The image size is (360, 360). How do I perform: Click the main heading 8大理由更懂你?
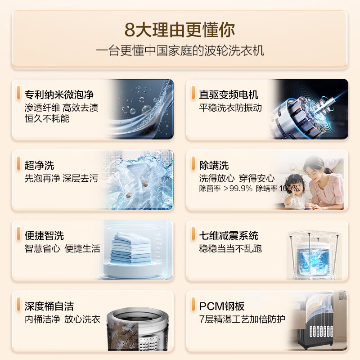pyautogui.click(x=180, y=31)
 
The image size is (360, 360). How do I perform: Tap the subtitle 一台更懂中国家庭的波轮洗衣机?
pyautogui.click(x=180, y=50)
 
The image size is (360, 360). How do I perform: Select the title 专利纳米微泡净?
pyautogui.click(x=59, y=94)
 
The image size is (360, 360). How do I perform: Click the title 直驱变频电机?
pyautogui.click(x=229, y=94)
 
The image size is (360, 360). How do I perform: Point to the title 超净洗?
pyautogui.click(x=39, y=165)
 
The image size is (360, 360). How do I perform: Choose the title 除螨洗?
pyautogui.click(x=214, y=165)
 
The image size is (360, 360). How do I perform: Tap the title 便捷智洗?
pyautogui.click(x=44, y=235)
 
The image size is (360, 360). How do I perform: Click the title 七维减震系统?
pyautogui.click(x=229, y=235)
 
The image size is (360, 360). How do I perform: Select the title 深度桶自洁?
pyautogui.click(x=49, y=306)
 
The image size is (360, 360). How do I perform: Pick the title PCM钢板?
pyautogui.click(x=222, y=306)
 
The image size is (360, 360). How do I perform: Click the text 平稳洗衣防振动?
pyautogui.click(x=230, y=108)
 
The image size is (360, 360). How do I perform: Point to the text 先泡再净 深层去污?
pyautogui.click(x=61, y=178)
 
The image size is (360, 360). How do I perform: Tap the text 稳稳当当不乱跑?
pyautogui.click(x=230, y=248)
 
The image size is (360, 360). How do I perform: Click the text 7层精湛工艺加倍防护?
pyautogui.click(x=242, y=319)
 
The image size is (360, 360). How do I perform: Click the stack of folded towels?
pyautogui.click(x=130, y=247)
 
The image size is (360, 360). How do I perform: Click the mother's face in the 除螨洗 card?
pyautogui.click(x=318, y=169)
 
